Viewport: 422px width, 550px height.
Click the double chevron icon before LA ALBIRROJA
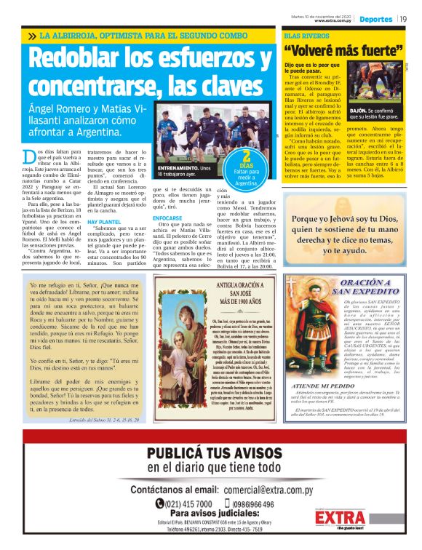[32, 35]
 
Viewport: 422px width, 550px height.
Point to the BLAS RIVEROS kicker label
[302, 34]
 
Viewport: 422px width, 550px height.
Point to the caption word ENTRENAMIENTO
[179, 168]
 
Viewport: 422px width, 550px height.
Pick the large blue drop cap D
[28, 158]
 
